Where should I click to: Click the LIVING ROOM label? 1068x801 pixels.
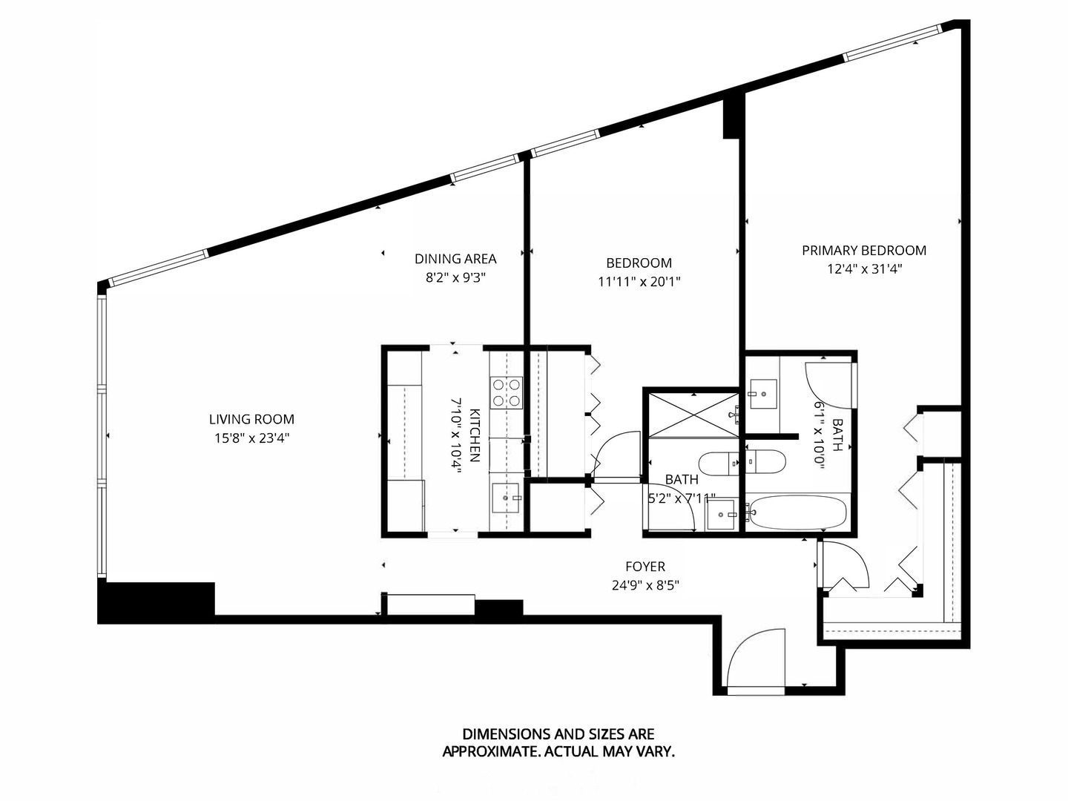click(x=251, y=419)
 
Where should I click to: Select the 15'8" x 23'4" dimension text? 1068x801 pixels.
click(x=251, y=438)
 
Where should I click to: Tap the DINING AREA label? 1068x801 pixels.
click(x=455, y=259)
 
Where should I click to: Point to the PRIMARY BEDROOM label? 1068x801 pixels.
click(x=864, y=251)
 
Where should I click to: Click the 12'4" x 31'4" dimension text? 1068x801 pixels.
click(x=864, y=270)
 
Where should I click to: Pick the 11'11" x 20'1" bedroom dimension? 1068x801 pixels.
click(x=639, y=282)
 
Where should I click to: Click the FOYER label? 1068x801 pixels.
click(x=645, y=567)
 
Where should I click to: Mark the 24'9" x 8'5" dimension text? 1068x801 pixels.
click(x=645, y=585)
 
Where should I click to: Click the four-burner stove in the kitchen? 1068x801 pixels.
click(x=506, y=392)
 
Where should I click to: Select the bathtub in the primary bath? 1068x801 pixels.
click(x=797, y=512)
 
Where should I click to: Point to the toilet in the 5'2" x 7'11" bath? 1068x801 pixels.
click(x=719, y=463)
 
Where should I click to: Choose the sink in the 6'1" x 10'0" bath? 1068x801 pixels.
click(x=762, y=394)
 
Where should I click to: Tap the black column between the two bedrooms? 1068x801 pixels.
click(x=733, y=117)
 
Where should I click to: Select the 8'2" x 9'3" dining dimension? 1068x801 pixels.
click(x=455, y=278)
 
